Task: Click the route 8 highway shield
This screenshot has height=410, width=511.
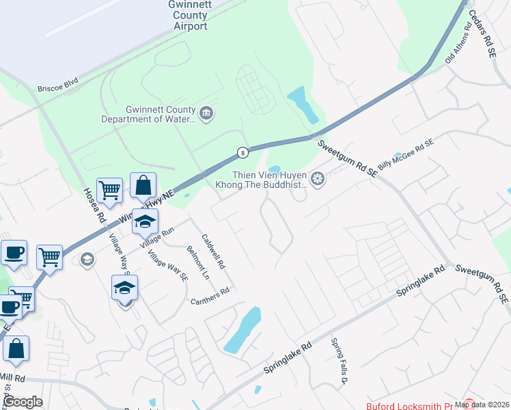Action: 243,152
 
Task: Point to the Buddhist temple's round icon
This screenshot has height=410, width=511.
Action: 317,179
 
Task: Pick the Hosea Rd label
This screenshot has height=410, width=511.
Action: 94,205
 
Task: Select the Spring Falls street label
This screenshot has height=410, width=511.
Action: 340,359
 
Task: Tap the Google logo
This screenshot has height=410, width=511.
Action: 23,402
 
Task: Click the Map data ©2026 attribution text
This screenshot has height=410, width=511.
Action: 482,404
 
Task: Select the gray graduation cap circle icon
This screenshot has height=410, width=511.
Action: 87,259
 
